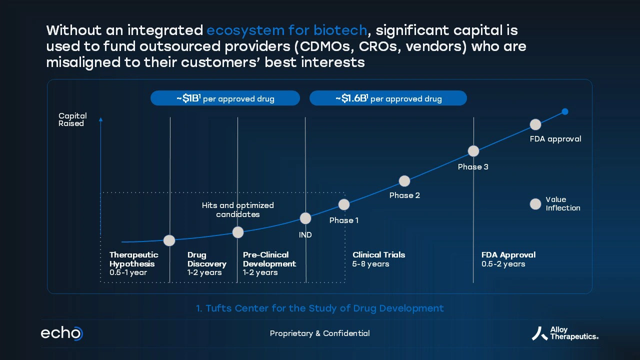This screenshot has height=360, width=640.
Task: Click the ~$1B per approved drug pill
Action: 225,98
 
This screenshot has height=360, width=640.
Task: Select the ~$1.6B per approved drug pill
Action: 388,98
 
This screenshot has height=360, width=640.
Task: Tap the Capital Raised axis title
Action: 72,119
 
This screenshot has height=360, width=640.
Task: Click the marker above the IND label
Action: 305,218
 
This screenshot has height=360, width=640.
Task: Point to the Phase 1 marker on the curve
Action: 344,204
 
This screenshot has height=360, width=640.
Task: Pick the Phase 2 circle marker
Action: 404,181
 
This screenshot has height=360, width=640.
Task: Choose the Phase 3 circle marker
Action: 473,151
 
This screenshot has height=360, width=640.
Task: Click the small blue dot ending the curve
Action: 565,111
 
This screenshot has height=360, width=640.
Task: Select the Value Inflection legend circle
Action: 535,204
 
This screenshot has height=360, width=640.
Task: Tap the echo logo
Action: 61,333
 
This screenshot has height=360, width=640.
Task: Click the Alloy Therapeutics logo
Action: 565,333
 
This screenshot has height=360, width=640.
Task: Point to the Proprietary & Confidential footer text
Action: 319,333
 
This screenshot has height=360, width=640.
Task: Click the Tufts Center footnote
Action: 319,308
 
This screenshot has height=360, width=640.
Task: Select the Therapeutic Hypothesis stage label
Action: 133,263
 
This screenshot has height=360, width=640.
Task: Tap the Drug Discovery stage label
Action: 207,263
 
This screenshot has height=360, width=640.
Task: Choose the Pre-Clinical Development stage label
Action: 269,263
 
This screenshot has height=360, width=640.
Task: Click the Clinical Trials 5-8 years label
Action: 378,259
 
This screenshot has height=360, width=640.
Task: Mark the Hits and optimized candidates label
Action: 237,209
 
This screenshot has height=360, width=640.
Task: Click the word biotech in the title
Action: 340,30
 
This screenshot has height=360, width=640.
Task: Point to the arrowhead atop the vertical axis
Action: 100,119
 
